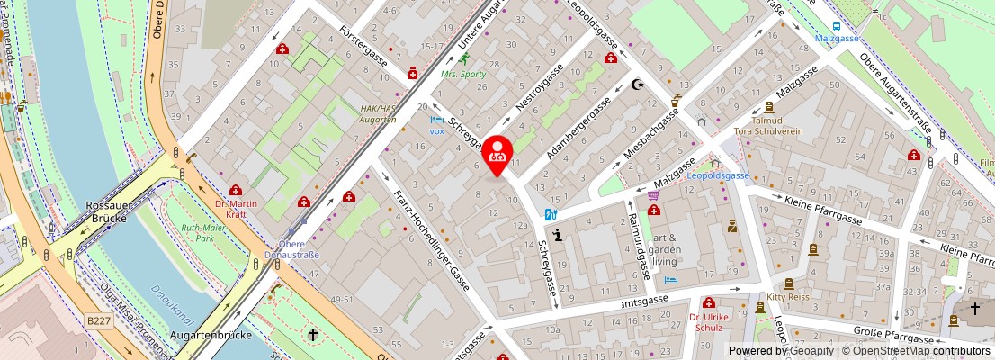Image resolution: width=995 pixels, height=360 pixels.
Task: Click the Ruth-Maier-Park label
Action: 202,234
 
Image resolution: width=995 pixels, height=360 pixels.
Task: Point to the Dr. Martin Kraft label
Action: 237,209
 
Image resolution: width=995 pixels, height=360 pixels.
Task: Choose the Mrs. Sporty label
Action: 463,74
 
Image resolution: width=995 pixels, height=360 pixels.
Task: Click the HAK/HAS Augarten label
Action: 378,113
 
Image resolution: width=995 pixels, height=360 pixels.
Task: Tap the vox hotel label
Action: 437,130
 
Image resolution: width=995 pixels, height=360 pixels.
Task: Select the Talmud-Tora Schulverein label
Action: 781,125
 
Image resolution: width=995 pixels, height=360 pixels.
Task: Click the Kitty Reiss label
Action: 787,296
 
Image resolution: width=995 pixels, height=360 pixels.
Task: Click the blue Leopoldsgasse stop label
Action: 717,176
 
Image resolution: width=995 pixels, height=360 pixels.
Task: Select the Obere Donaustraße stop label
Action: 291,248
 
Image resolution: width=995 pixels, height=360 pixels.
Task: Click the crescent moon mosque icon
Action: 640,85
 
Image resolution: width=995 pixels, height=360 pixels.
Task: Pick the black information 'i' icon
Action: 558,236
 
